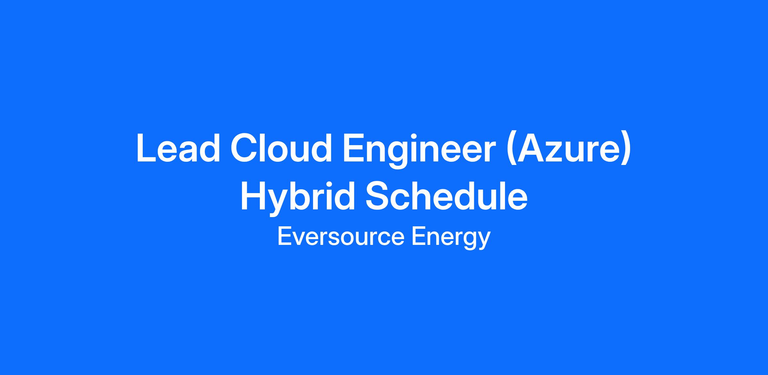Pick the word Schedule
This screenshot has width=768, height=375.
click(x=446, y=196)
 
